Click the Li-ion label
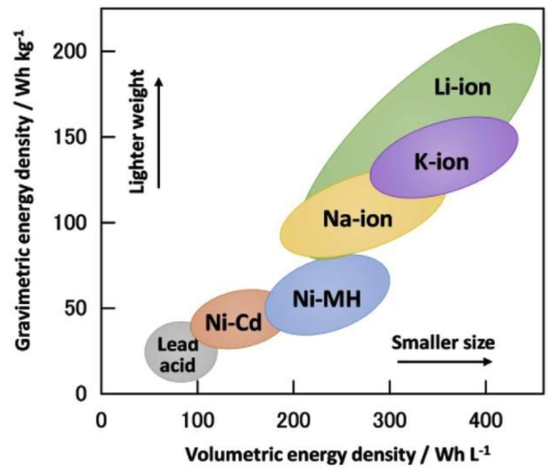pos(462,88)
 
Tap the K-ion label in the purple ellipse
pos(441,162)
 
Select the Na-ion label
pos(357,219)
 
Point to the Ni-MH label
pos(327,299)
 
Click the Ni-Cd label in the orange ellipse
pos(233,323)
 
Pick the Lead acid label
pos(178,355)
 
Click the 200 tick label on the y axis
pos(70,52)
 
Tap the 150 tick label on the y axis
pos(70,137)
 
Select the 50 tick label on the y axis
pos(75,308)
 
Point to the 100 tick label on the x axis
pos(198,421)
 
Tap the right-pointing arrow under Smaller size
pos(445,362)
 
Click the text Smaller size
pos(443,343)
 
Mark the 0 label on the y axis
pos(82,394)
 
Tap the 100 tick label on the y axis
pos(70,223)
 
